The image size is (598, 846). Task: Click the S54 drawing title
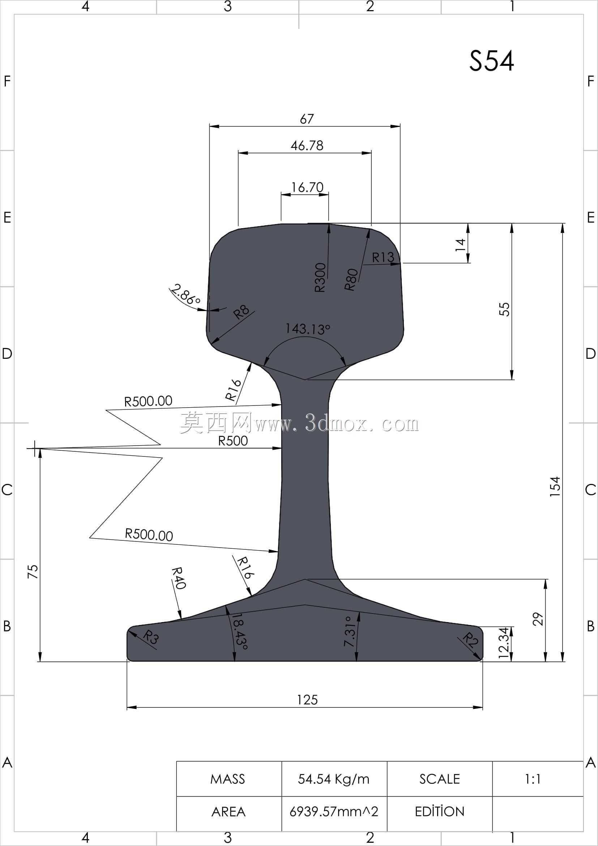(492, 61)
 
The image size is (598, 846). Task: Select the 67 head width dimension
(307, 119)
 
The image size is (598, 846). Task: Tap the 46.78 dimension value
(307, 145)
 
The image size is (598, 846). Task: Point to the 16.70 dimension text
(307, 187)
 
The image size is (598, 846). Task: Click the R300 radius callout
(320, 277)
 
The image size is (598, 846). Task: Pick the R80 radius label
(351, 279)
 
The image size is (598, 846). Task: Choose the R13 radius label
(383, 257)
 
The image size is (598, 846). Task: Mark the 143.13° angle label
(308, 328)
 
